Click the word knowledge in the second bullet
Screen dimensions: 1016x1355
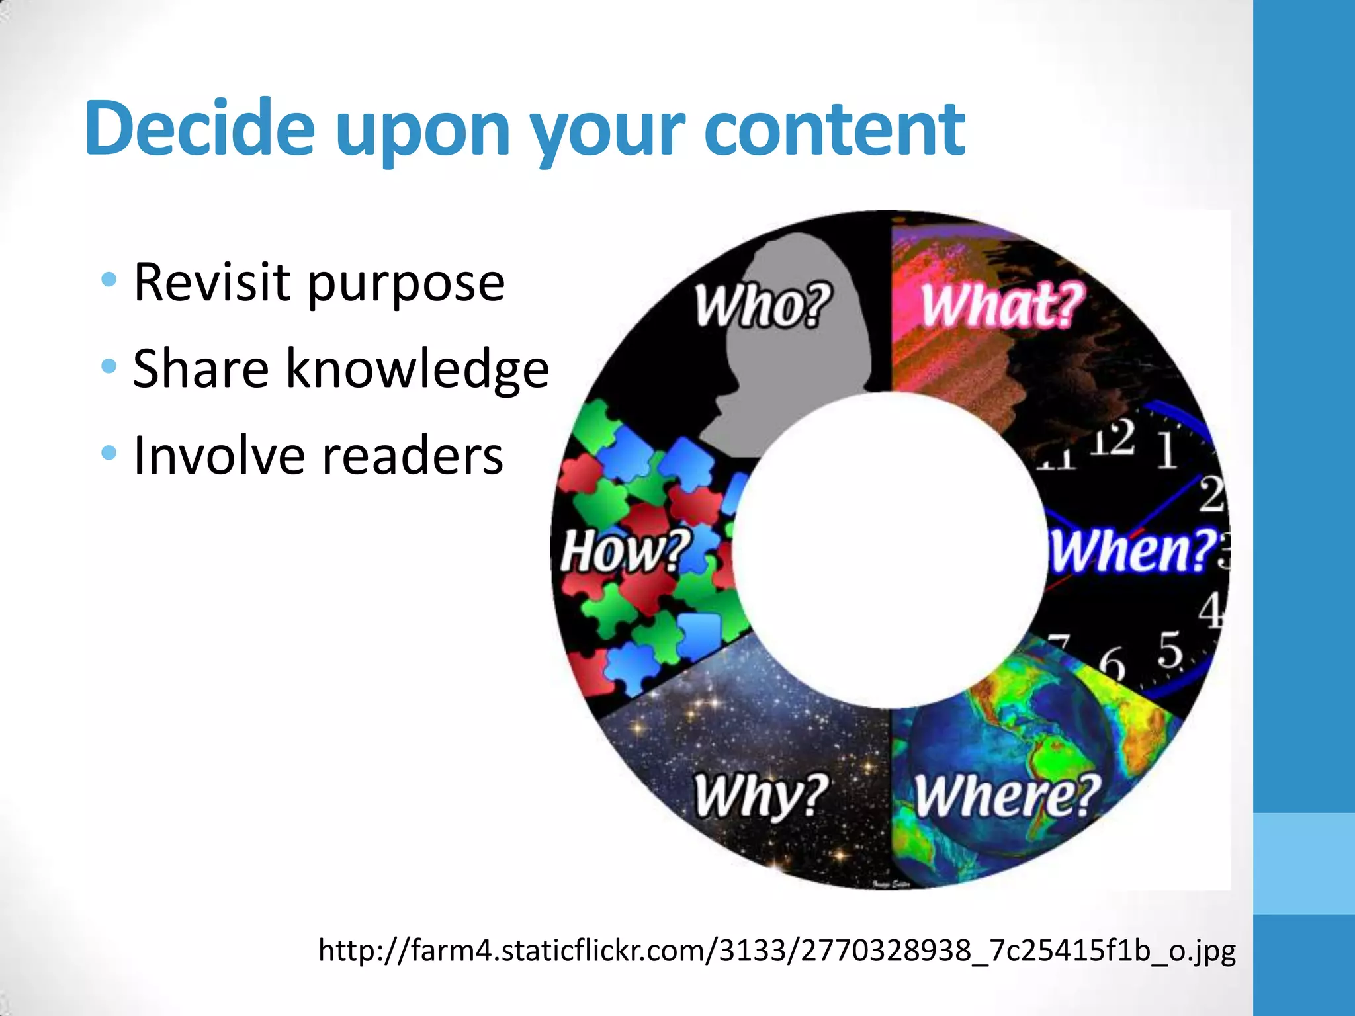pyautogui.click(x=417, y=368)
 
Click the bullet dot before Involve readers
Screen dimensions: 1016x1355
pyautogui.click(x=109, y=453)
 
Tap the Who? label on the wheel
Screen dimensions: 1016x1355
pyautogui.click(x=762, y=305)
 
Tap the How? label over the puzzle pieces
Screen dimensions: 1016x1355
pyautogui.click(x=625, y=550)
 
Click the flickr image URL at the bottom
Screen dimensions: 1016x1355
pyautogui.click(x=777, y=950)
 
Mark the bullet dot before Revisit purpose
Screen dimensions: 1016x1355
pyautogui.click(x=109, y=280)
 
